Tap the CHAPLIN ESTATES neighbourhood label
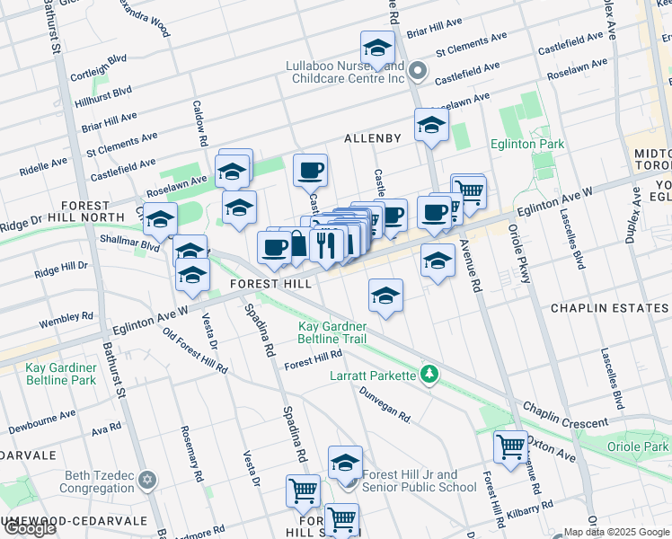coord(609,309)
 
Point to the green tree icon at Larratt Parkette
coord(430,374)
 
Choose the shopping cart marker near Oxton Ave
coord(510,445)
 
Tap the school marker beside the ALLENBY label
coord(431,125)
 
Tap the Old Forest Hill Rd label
coord(195,355)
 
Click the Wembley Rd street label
coord(66,318)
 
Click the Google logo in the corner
coord(30,528)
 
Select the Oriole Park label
coord(642,446)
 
